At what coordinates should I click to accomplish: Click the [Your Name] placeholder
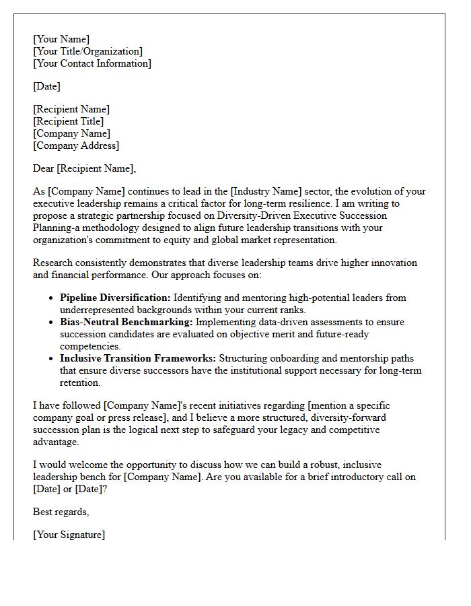coord(61,39)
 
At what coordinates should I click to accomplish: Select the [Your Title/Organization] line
coord(87,51)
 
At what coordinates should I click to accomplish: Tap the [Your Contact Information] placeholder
coord(92,63)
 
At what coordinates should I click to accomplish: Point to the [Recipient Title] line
coord(68,121)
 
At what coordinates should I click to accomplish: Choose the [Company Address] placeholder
coord(76,145)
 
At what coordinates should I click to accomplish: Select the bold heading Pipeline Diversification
coord(116,298)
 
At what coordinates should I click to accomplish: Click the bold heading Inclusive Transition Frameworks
coord(138,358)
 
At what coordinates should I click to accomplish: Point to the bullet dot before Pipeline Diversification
coord(52,298)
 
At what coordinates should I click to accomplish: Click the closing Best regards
coord(61,512)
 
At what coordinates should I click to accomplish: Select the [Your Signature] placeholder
coord(69,535)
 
